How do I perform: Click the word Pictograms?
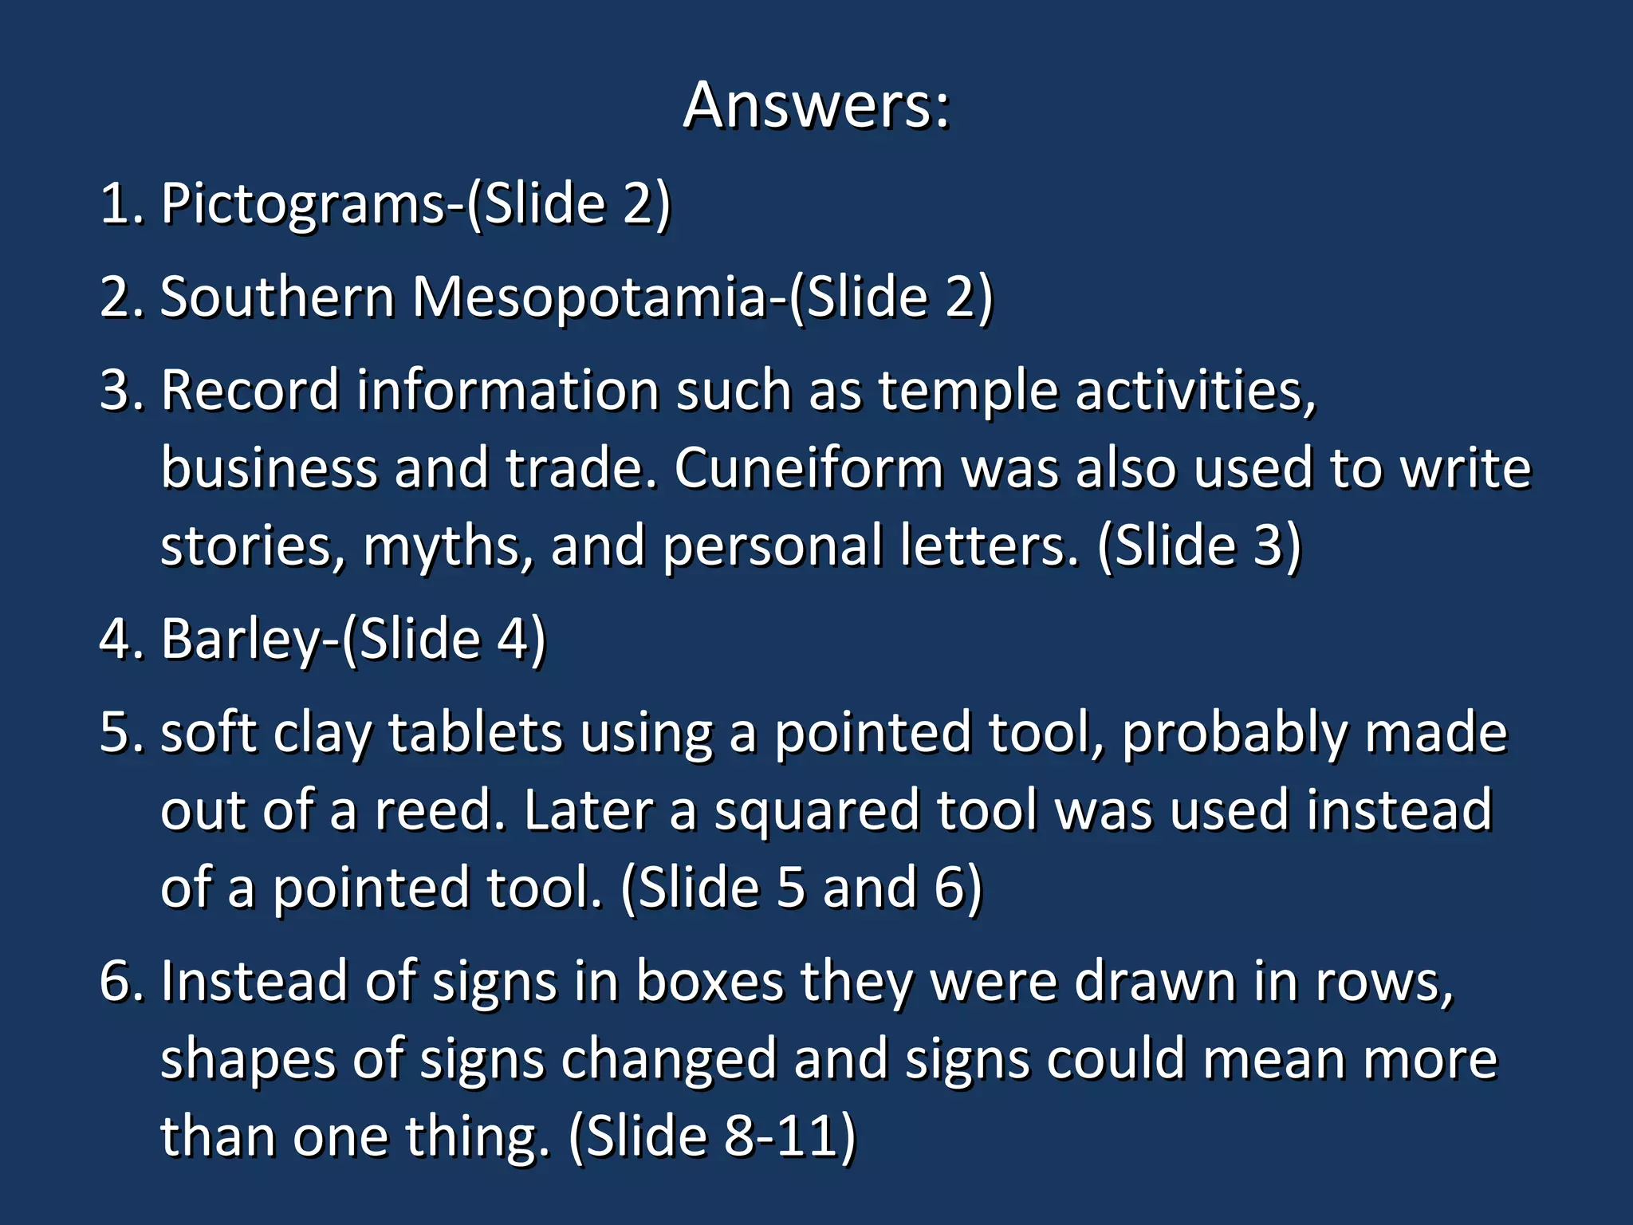pyautogui.click(x=303, y=204)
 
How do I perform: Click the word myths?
pyautogui.click(x=447, y=547)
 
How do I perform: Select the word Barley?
pyautogui.click(x=240, y=640)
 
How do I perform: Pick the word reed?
pyautogui.click(x=439, y=811)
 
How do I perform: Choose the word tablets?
pyautogui.click(x=475, y=734)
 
